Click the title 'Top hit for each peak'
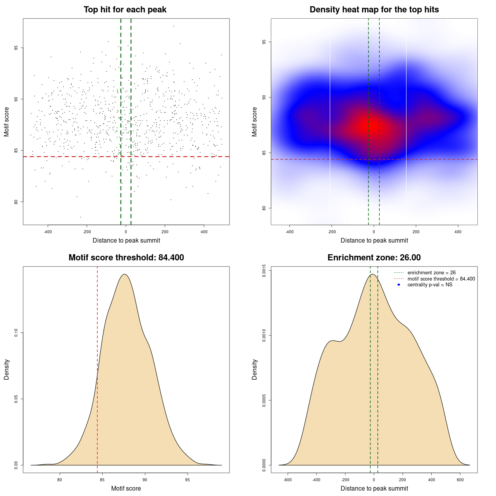(x=125, y=10)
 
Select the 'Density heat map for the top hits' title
(x=374, y=10)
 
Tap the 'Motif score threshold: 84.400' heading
(x=126, y=258)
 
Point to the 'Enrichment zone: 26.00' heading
(x=374, y=258)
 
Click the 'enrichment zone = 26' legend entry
(x=431, y=273)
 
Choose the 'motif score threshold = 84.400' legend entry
(x=441, y=279)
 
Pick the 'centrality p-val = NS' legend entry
(x=430, y=285)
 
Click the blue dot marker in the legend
(x=399, y=285)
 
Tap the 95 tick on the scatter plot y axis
(x=16, y=48)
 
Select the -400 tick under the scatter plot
(x=48, y=232)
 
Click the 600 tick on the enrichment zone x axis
(x=460, y=480)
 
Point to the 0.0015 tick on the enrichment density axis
(x=264, y=271)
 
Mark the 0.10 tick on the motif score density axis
(x=16, y=333)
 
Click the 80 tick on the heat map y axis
(x=264, y=208)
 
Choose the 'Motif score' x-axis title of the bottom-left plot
(x=126, y=488)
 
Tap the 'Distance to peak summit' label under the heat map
(x=374, y=241)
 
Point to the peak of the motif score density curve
(x=124, y=274)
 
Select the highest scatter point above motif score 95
(x=173, y=26)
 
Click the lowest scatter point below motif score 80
(x=81, y=217)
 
